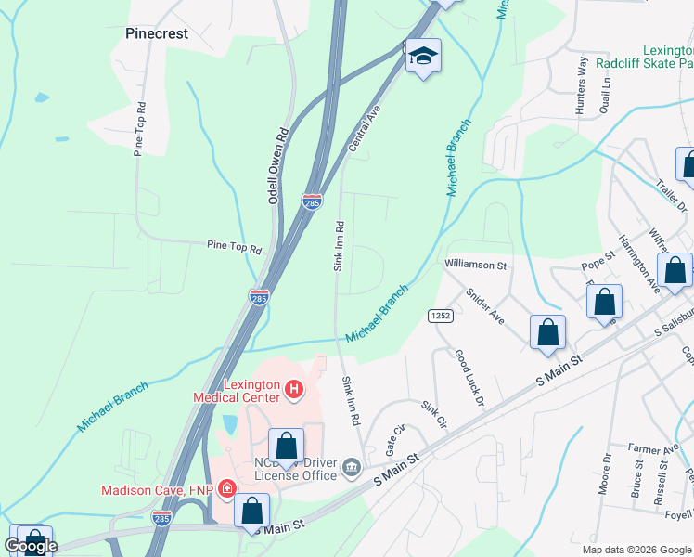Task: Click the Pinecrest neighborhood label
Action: pyautogui.click(x=157, y=33)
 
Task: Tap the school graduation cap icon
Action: pyautogui.click(x=422, y=58)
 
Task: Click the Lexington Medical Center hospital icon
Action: pyautogui.click(x=293, y=388)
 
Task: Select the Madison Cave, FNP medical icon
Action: pyautogui.click(x=225, y=489)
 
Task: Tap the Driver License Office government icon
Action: pyautogui.click(x=351, y=465)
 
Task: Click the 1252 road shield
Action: pyautogui.click(x=440, y=316)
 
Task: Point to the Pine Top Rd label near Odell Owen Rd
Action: pyautogui.click(x=234, y=248)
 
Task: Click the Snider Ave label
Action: pyautogui.click(x=484, y=304)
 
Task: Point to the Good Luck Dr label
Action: pyautogui.click(x=469, y=378)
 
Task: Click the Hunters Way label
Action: pyautogui.click(x=582, y=86)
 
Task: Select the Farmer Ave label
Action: pyautogui.click(x=649, y=448)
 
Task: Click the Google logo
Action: pyautogui.click(x=31, y=546)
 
